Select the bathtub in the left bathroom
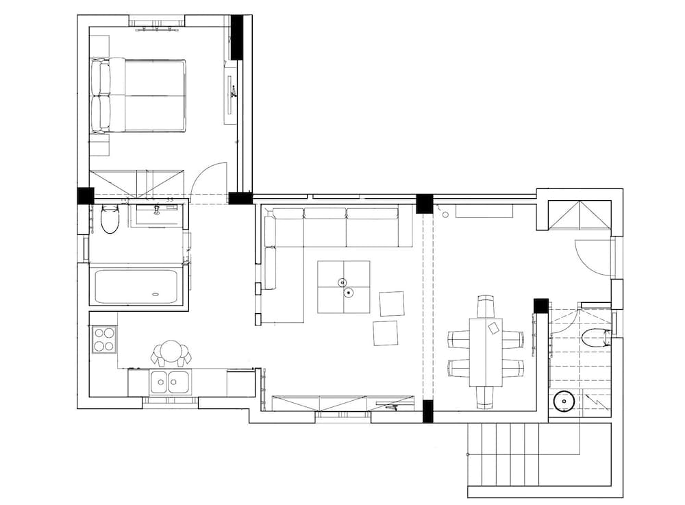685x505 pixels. click(136, 286)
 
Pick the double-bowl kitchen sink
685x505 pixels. click(168, 382)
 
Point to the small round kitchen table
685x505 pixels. click(171, 352)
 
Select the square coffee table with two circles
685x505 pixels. click(343, 287)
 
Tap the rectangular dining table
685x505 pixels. click(486, 352)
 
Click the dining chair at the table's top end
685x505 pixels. click(486, 306)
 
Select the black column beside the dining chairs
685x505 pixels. click(541, 306)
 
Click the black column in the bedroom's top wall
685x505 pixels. click(237, 37)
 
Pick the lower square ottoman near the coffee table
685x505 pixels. click(386, 333)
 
